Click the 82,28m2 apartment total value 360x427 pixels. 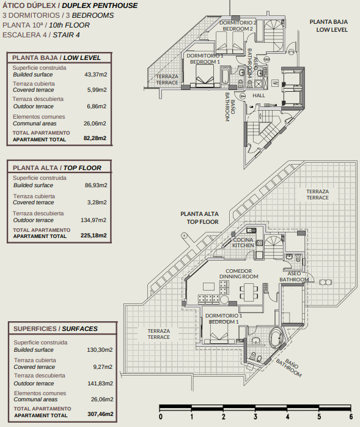pos(95,138)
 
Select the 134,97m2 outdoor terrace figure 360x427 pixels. pos(94,220)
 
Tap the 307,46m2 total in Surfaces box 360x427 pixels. pos(100,414)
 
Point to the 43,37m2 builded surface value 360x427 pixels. pos(96,75)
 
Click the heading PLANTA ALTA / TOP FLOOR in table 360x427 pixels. pos(57,168)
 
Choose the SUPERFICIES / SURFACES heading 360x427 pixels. pos(56,329)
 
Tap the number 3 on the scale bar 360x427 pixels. pos(255,417)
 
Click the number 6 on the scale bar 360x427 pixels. pos(351,417)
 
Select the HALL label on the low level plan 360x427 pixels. pos(259,95)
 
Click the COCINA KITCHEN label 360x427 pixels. pos(243,243)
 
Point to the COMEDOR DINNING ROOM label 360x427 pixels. pos(238,273)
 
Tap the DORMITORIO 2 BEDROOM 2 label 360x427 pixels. pos(238,26)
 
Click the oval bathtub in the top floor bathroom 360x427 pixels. pos(276,338)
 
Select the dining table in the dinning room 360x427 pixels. pos(249,292)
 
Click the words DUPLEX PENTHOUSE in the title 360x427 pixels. pos(100,6)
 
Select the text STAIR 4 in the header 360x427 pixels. pos(66,35)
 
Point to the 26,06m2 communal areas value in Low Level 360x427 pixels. pos(95,124)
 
